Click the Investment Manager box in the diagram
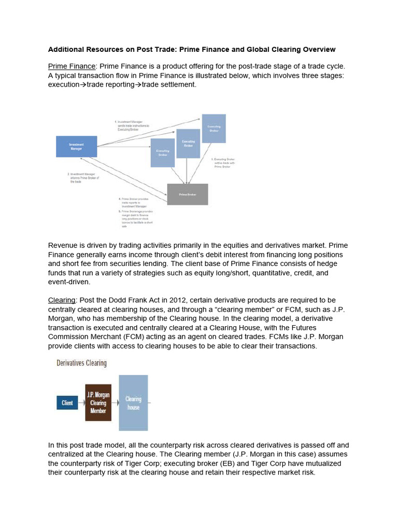pos(76,146)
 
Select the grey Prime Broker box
pos(187,194)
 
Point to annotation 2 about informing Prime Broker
pos(83,178)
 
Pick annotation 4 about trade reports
pos(136,202)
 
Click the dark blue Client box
pos(67,402)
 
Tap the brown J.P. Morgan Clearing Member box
pos(98,403)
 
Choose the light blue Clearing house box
pos(133,403)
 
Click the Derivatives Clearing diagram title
pos(81,363)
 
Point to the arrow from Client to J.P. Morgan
pos(82,402)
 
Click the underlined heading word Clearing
pos(62,300)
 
